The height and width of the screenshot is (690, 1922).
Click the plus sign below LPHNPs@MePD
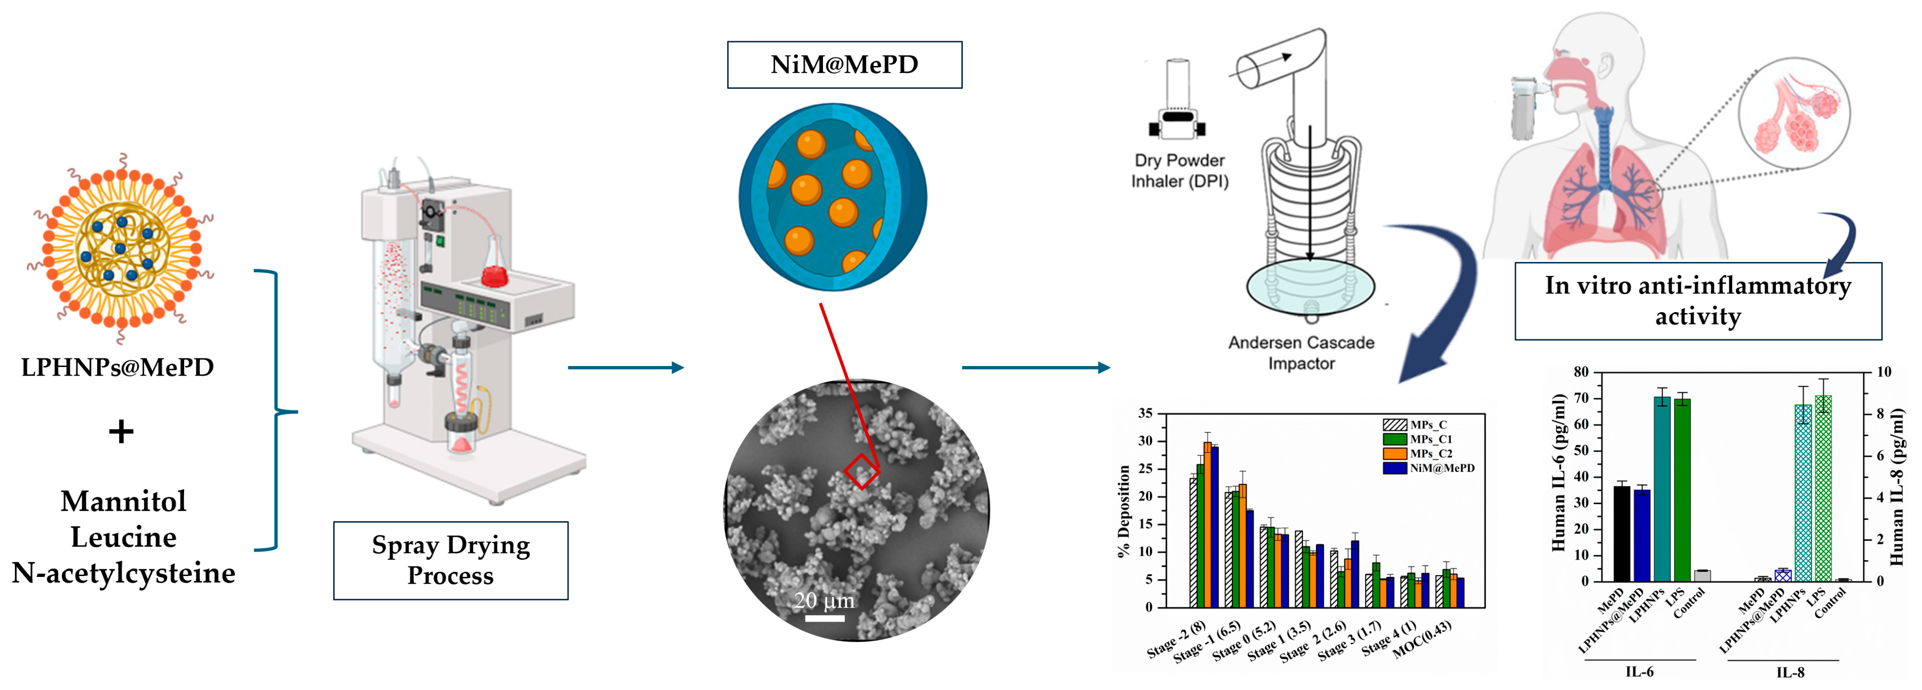(121, 432)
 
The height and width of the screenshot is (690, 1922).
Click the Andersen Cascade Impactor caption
(1301, 352)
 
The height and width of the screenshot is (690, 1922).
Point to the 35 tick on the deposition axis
(1146, 413)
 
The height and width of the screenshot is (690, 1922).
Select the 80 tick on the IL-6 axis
(1581, 372)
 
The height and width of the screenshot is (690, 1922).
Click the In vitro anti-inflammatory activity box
(1697, 301)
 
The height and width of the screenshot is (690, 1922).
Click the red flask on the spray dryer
(494, 274)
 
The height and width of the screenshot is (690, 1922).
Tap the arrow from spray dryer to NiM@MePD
(625, 367)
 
